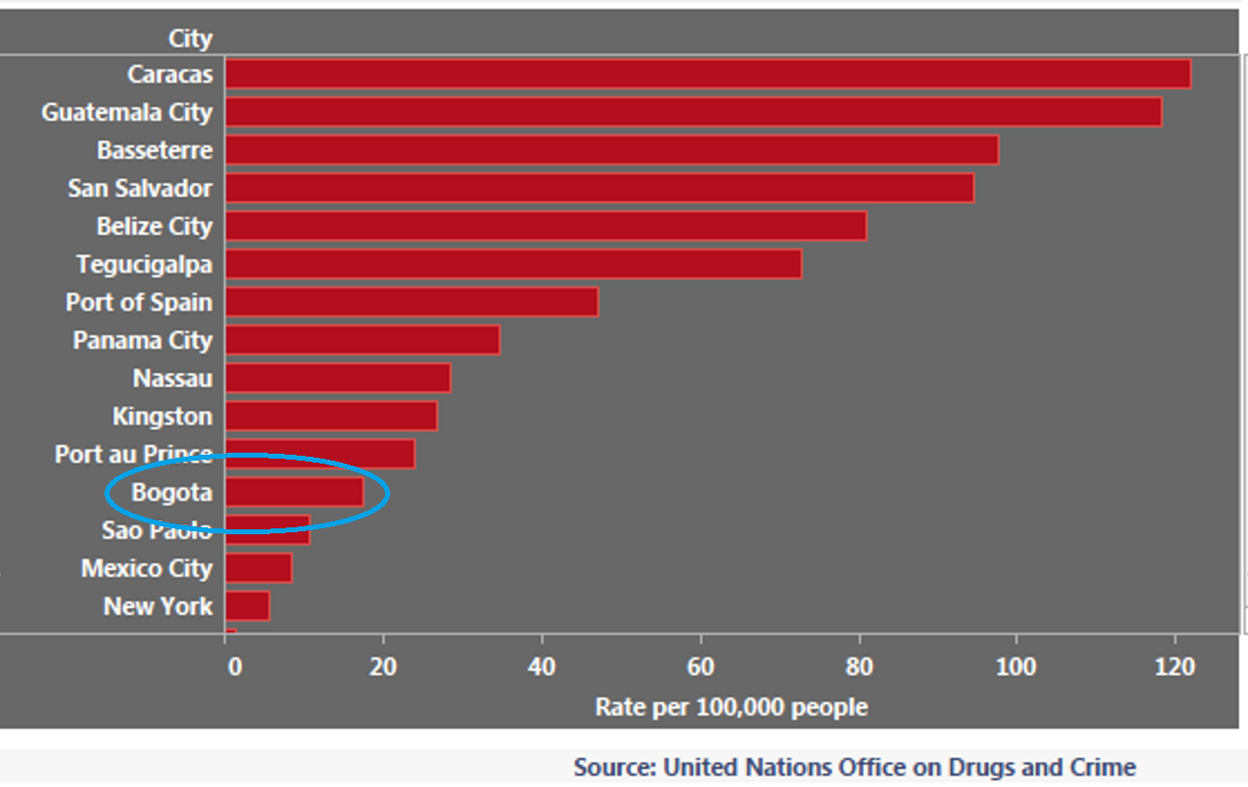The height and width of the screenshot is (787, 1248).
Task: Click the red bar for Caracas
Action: (708, 74)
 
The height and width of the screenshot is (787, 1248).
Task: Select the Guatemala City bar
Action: (693, 111)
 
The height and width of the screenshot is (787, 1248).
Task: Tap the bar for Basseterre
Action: (611, 150)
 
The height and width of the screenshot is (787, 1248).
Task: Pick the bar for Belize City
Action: (545, 226)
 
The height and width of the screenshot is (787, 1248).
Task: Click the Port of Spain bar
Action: (411, 301)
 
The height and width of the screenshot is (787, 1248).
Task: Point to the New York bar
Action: (247, 606)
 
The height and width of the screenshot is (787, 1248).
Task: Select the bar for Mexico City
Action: (258, 568)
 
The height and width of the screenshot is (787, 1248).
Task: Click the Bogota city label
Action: (171, 492)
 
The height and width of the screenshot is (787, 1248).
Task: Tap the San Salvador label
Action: (139, 188)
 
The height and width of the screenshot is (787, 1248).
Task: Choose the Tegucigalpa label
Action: (144, 265)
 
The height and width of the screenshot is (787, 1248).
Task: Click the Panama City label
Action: (142, 340)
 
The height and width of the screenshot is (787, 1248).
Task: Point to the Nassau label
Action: (172, 378)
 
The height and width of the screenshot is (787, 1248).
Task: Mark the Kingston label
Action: (161, 416)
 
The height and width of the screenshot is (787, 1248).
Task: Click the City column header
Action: (190, 39)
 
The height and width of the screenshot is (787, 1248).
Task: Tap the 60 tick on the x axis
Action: (701, 667)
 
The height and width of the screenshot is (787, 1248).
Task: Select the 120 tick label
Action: (1175, 667)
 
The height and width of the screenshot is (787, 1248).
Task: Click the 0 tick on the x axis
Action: (234, 667)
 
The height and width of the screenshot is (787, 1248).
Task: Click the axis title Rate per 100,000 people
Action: (730, 707)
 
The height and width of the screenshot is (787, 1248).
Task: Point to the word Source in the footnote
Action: (613, 767)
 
